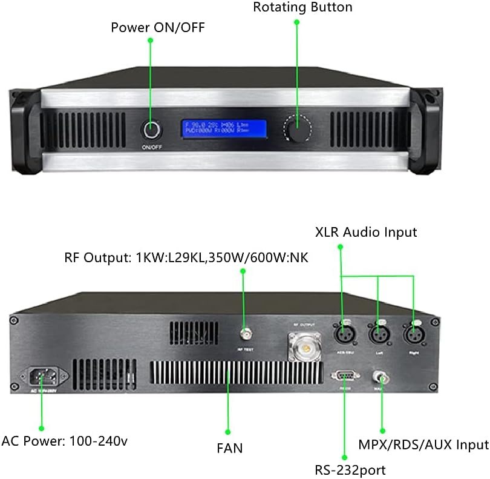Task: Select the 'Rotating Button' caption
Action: tap(302, 7)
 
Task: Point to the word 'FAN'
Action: tap(229, 449)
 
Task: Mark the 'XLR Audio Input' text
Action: tap(365, 232)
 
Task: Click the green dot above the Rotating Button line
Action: tap(297, 22)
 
